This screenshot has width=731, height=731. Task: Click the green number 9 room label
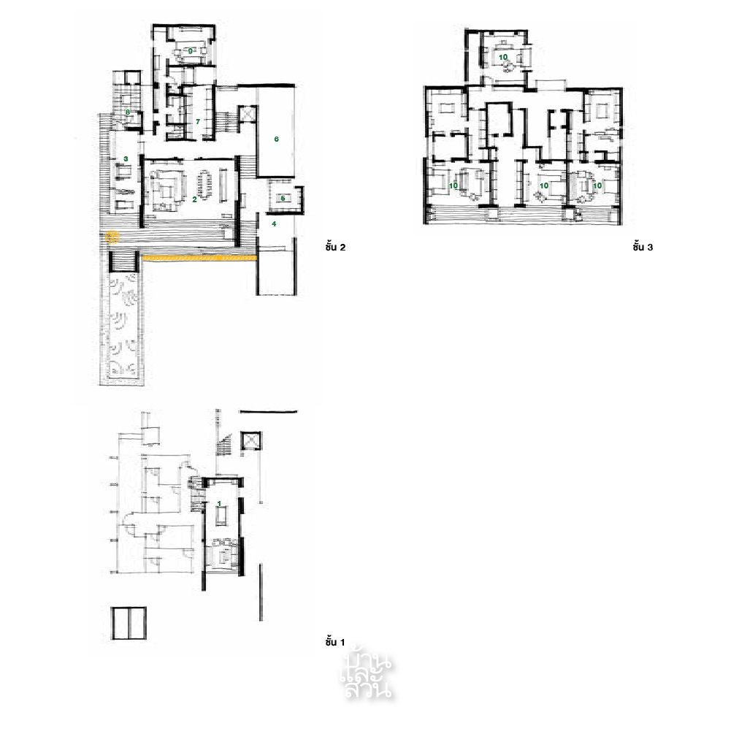point(190,51)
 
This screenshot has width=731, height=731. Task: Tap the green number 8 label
point(128,112)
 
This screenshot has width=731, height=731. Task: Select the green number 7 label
point(197,121)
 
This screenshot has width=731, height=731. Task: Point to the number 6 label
point(277,138)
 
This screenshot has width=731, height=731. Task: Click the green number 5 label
point(283,198)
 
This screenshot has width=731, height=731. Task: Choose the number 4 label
point(273,224)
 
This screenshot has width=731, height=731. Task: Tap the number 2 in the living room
point(194,199)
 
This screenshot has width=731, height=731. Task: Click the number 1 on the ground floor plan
point(219,504)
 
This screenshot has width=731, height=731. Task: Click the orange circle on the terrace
point(112,237)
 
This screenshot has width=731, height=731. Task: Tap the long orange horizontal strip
point(199,258)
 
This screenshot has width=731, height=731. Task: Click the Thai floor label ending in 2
point(334,248)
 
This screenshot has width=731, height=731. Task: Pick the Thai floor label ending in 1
point(334,642)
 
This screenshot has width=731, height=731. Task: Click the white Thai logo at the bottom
point(367,673)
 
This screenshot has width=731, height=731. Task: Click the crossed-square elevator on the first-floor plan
point(250,441)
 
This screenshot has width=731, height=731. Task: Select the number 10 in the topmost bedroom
point(503,56)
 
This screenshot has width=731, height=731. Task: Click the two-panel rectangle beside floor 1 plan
point(129,624)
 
